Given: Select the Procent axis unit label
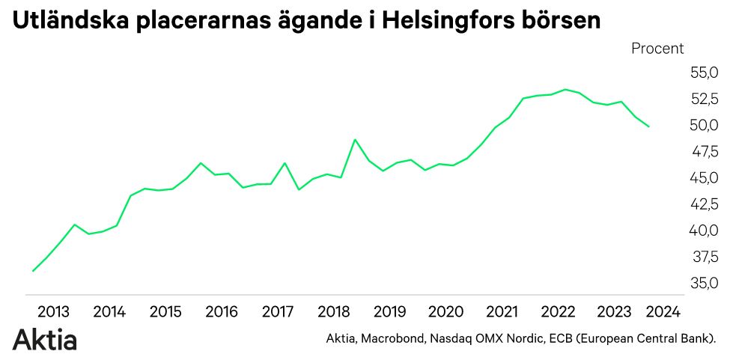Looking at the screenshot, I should click(x=657, y=49).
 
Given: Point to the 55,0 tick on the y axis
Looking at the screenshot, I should click(x=703, y=73).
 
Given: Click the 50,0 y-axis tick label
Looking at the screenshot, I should click(x=703, y=125).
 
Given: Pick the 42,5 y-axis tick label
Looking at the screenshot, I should click(x=703, y=204).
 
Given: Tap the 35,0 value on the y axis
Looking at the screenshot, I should click(x=703, y=284).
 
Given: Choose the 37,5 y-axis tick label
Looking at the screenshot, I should click(x=703, y=257).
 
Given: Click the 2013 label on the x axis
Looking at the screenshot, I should click(x=53, y=311).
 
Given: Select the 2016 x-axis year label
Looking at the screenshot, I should click(x=222, y=311).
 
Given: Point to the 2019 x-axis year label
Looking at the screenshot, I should click(x=389, y=311).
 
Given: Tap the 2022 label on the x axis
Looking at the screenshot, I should click(x=558, y=311).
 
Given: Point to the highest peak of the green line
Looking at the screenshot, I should click(x=565, y=90).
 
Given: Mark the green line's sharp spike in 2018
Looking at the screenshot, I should click(x=355, y=140).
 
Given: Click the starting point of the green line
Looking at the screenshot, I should click(x=33, y=271).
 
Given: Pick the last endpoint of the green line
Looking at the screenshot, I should click(x=648, y=126).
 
